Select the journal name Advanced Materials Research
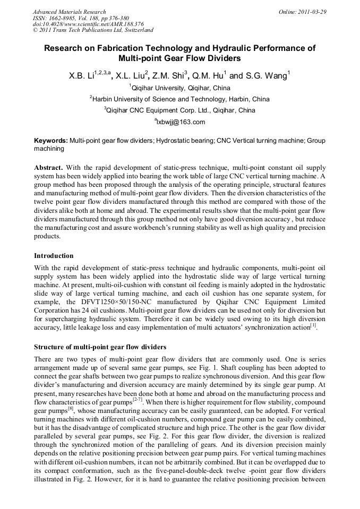click(x=69, y=12)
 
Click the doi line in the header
click(x=88, y=24)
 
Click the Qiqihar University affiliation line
click(x=180, y=88)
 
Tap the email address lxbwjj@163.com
click(x=179, y=122)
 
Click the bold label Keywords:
click(x=51, y=141)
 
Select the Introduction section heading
click(x=54, y=256)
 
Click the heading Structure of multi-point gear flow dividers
click(x=100, y=347)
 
